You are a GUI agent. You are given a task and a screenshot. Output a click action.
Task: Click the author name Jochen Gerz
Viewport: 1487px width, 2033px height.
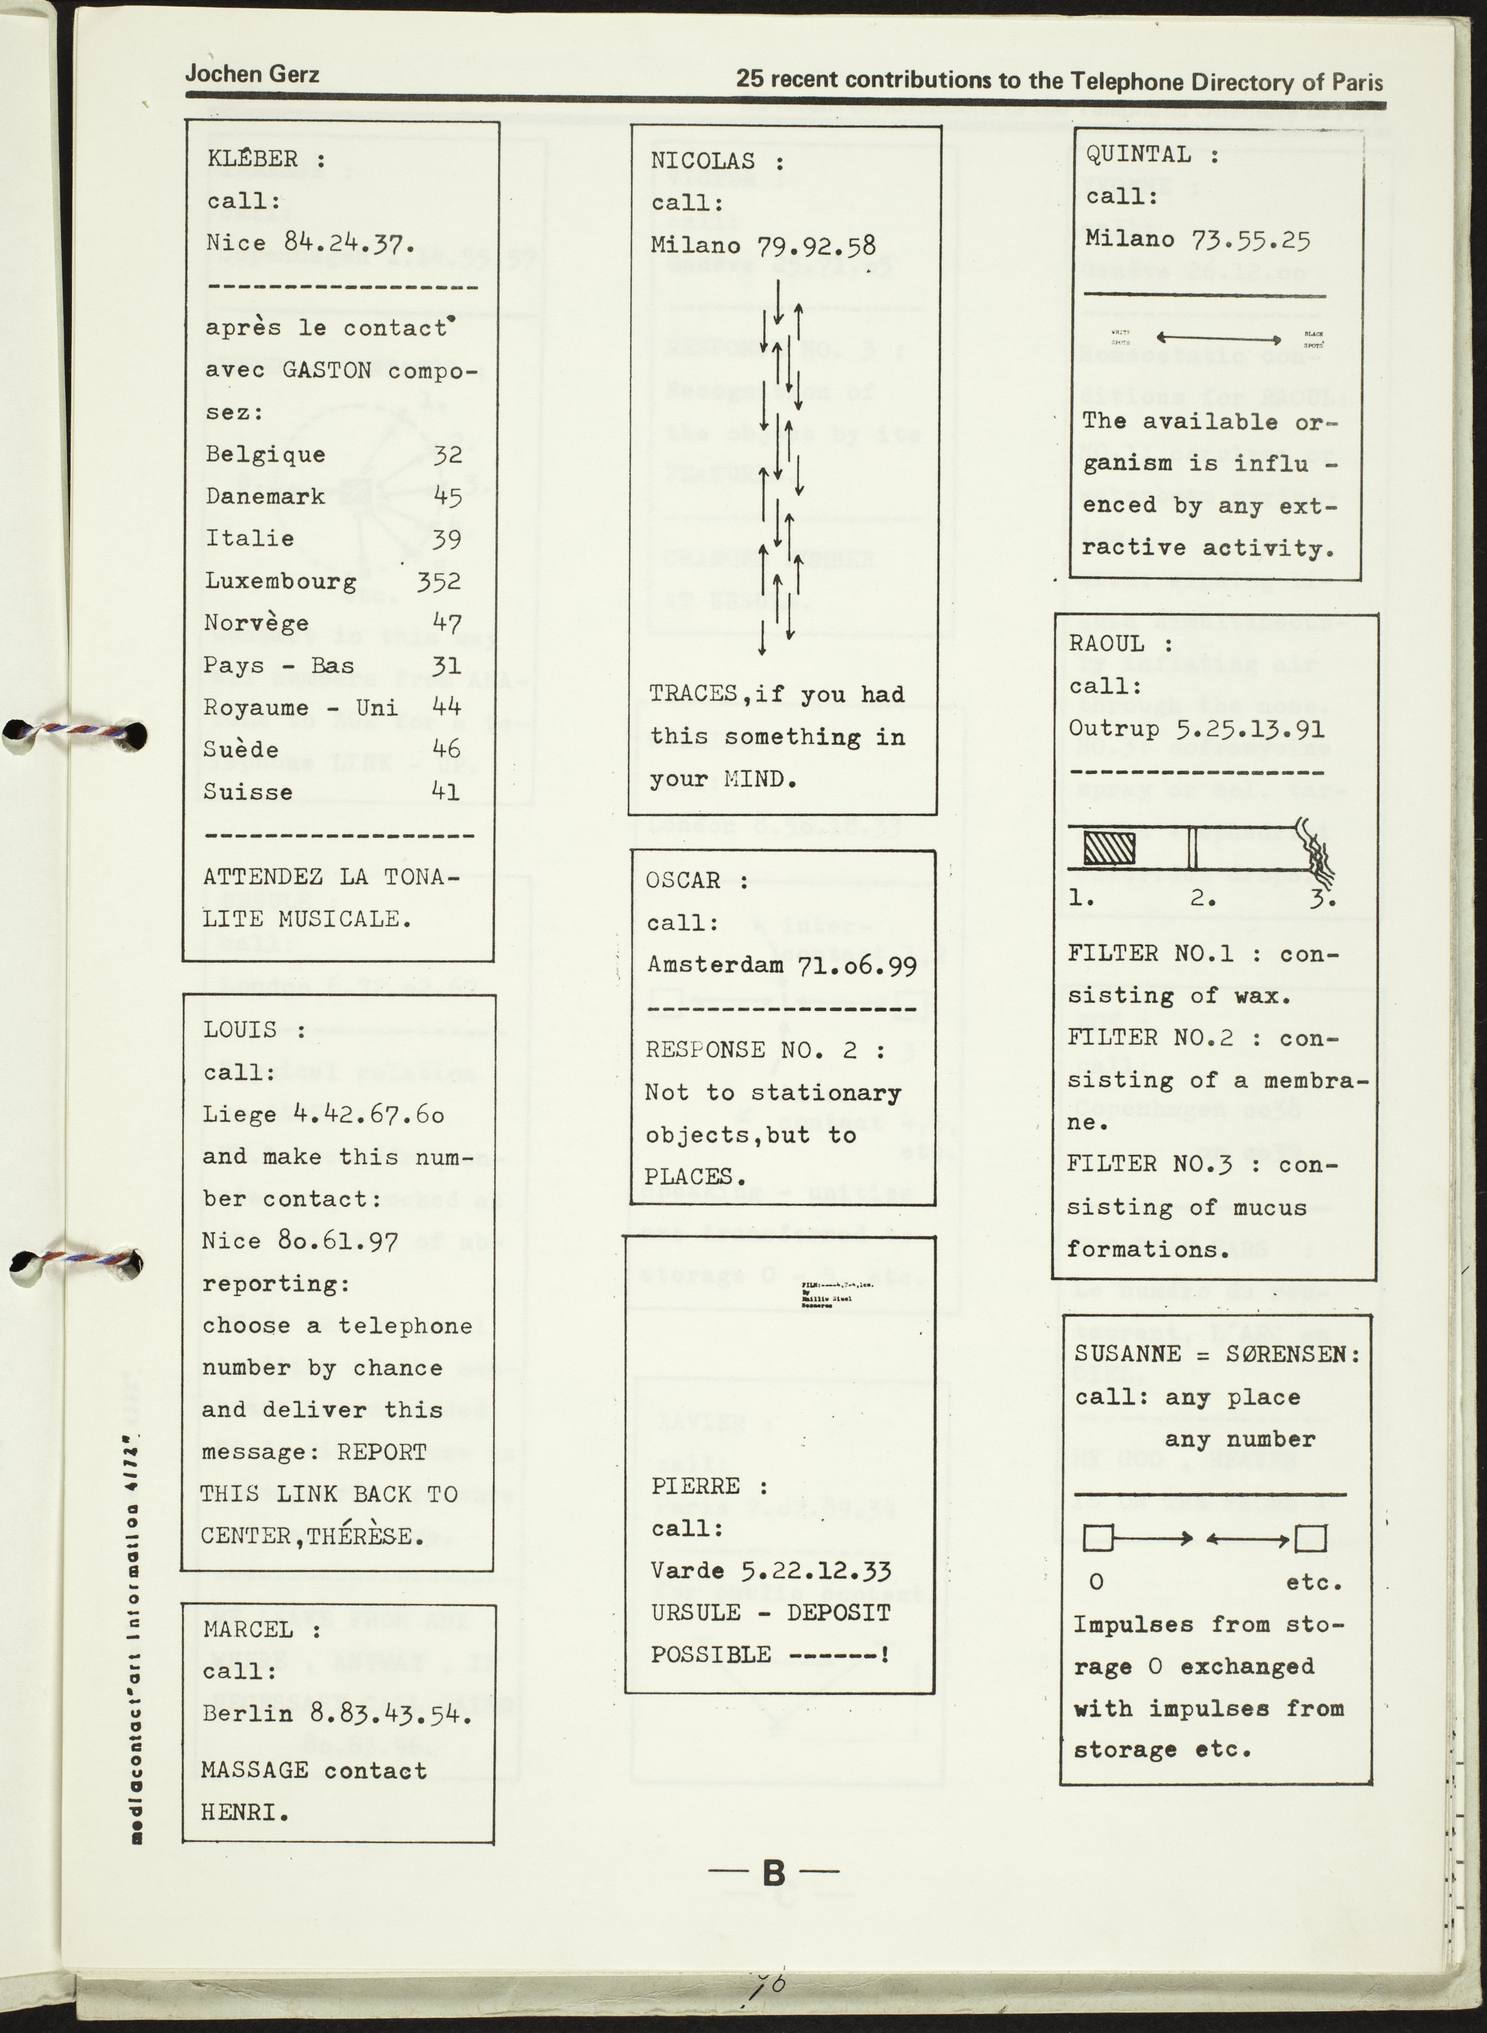[252, 74]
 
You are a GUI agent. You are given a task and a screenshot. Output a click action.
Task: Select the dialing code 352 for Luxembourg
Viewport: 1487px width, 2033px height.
[438, 580]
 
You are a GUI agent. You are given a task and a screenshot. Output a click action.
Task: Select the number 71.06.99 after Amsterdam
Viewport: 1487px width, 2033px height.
[857, 966]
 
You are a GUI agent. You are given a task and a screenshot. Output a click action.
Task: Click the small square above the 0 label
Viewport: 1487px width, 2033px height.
[1098, 1538]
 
